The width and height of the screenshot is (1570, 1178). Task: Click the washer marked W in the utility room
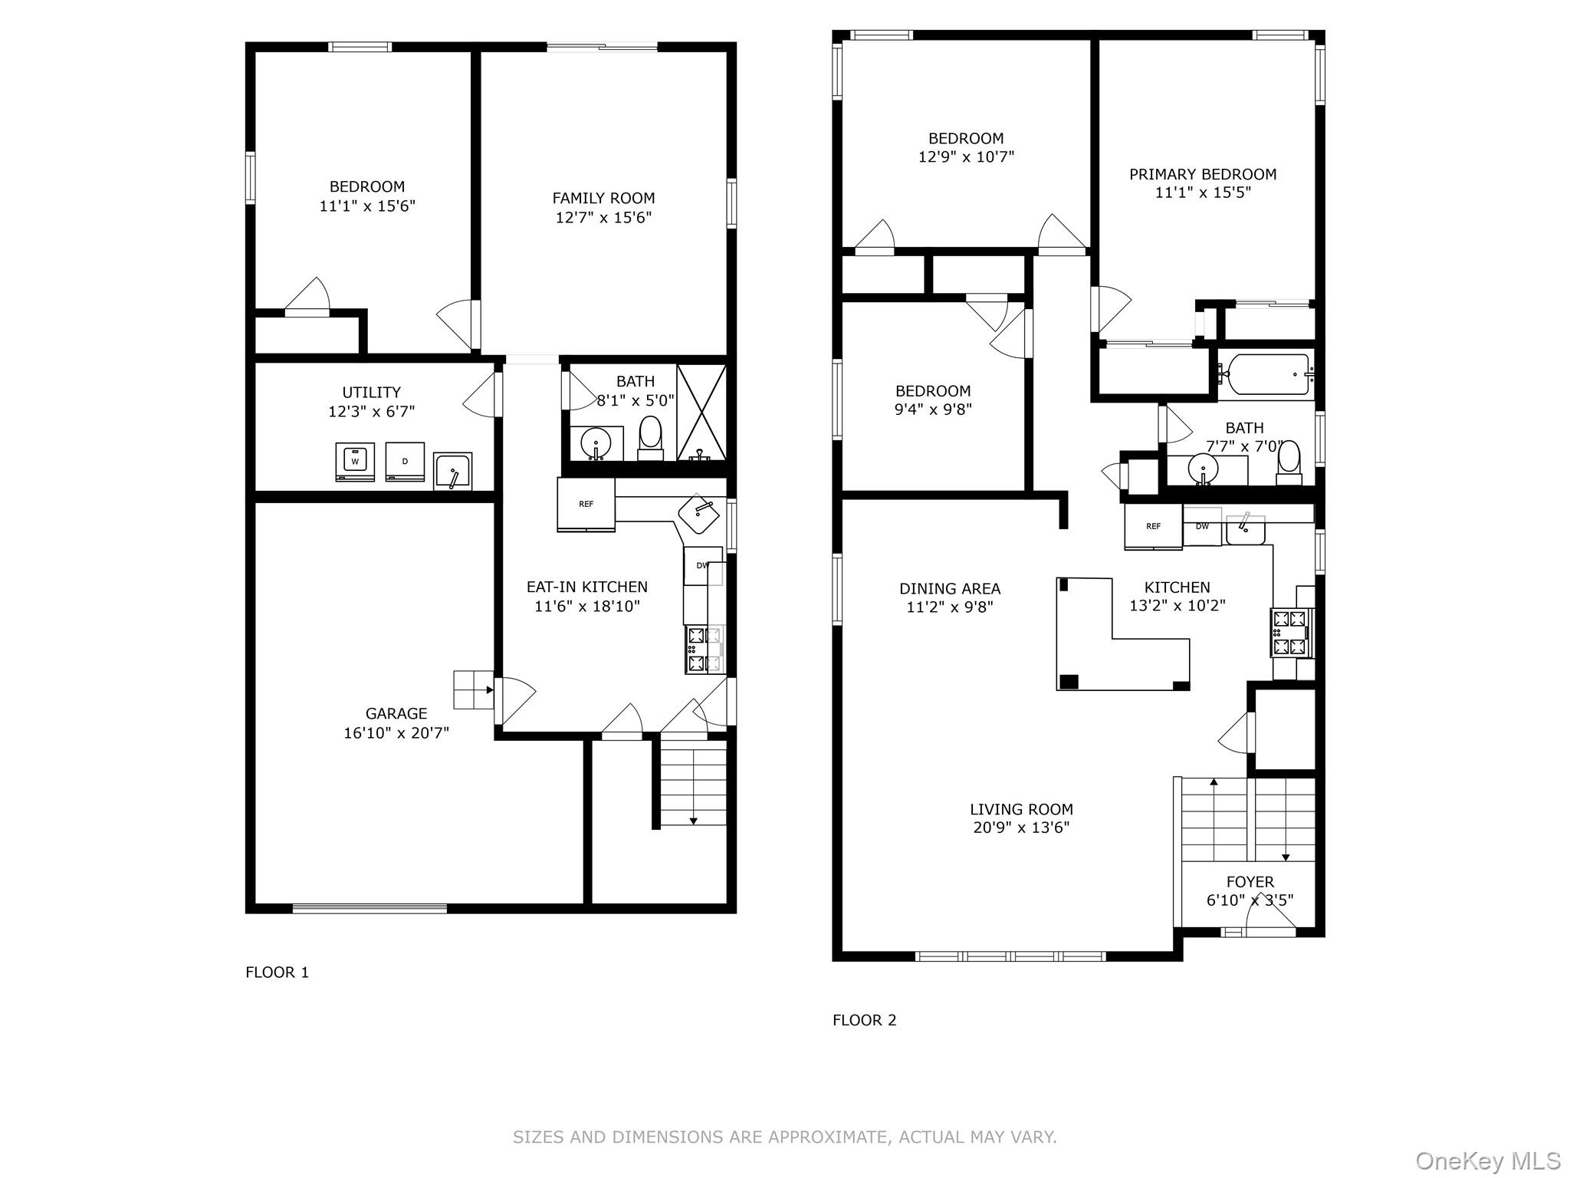(x=355, y=462)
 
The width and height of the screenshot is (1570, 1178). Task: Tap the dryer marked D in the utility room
(x=405, y=461)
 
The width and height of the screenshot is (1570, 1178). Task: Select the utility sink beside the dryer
(x=452, y=471)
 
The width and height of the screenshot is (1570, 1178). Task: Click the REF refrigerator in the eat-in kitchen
(x=586, y=504)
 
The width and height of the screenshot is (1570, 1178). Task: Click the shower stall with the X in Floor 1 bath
(x=701, y=413)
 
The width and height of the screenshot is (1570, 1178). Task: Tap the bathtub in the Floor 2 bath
(x=1266, y=374)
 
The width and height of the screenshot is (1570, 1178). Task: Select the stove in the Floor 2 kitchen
(x=1292, y=633)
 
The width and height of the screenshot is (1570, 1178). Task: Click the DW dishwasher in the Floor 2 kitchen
(x=1202, y=527)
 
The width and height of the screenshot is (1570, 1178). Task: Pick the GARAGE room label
(x=396, y=713)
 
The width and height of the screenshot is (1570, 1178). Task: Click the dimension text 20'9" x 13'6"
(x=1021, y=828)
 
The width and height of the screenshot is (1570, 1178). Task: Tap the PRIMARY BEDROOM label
(x=1203, y=174)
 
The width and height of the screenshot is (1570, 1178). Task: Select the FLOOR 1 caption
(x=277, y=972)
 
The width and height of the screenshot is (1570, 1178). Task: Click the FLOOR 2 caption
(x=864, y=1020)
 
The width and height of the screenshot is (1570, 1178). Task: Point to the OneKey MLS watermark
(x=1487, y=1160)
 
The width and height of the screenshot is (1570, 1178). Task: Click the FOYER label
(x=1250, y=882)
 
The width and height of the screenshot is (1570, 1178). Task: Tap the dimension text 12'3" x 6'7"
(x=371, y=412)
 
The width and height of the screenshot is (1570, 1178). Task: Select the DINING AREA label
(x=950, y=588)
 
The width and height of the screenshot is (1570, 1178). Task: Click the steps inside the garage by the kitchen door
(x=473, y=689)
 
